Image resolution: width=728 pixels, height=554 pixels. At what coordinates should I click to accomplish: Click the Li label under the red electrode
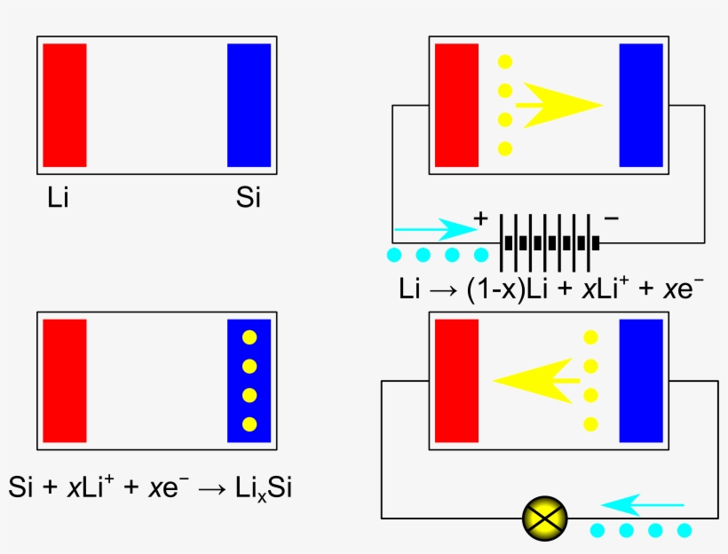coord(58,197)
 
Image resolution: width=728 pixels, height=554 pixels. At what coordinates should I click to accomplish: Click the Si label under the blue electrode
coord(249,197)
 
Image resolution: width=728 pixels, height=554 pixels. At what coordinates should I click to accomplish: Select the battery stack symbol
coord(548,241)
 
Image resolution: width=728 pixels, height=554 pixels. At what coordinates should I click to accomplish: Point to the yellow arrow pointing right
coord(558,105)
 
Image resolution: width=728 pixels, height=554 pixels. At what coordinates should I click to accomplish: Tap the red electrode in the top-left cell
coord(64,105)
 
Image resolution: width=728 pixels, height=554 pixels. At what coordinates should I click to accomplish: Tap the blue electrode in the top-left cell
coord(249,105)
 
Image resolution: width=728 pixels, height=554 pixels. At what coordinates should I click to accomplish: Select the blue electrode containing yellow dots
coord(249,380)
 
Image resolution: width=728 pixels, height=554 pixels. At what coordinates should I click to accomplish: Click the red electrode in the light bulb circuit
coord(456,380)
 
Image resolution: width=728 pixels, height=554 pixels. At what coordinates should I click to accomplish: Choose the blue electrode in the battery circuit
coord(641,105)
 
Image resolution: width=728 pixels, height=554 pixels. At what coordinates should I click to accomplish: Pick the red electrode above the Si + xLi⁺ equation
coord(64,380)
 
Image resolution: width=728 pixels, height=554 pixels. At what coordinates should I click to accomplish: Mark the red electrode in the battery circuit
coord(456,105)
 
